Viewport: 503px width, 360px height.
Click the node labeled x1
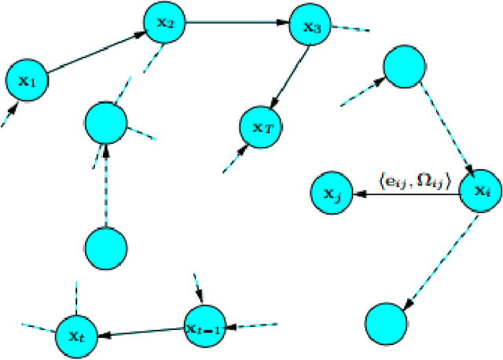click(x=27, y=79)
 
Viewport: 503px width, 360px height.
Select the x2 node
click(x=164, y=24)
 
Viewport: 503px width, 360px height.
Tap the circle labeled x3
click(x=311, y=26)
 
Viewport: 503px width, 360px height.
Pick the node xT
click(x=263, y=126)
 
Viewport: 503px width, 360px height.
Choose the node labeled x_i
click(x=479, y=191)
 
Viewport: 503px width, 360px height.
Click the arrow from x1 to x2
click(x=96, y=52)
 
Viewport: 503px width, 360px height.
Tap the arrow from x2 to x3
click(x=237, y=23)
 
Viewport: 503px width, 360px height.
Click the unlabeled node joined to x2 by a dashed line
click(x=107, y=123)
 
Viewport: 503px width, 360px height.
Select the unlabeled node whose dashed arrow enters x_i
click(x=406, y=67)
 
